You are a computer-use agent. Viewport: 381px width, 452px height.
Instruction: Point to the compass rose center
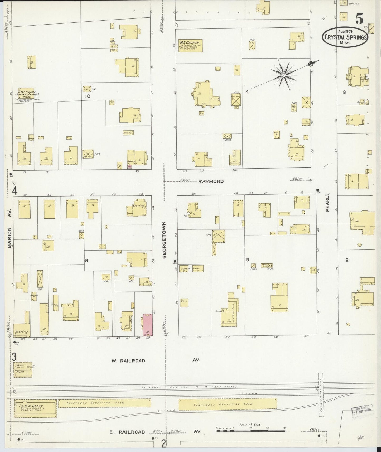[x=284, y=75]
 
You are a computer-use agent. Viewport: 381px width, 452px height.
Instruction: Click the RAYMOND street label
[x=211, y=181]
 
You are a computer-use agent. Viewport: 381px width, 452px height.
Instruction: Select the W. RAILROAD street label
[x=128, y=360]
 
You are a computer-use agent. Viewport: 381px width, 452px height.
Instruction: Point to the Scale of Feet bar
[x=250, y=431]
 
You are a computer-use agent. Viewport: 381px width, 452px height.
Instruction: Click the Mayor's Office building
[x=23, y=369]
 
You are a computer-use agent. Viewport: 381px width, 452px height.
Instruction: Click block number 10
[x=88, y=96]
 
